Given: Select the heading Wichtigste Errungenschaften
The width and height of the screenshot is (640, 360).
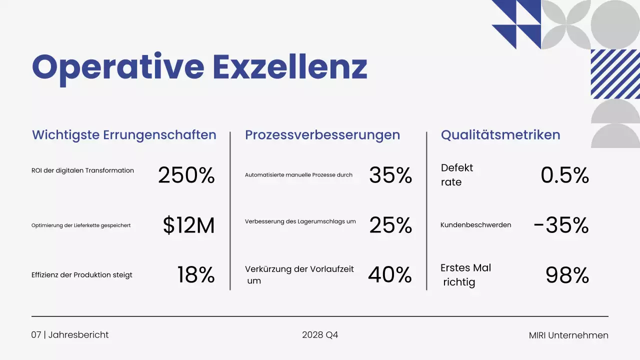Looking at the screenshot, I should (x=124, y=135).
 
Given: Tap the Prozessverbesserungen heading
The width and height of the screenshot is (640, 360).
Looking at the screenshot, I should (x=322, y=135).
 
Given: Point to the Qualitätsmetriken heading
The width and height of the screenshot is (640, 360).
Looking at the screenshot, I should (x=500, y=135).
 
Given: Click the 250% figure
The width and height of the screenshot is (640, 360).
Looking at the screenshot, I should (x=186, y=175).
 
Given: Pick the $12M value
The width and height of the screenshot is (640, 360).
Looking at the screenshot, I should (x=188, y=225).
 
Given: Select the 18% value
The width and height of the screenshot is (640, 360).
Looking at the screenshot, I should (x=195, y=275).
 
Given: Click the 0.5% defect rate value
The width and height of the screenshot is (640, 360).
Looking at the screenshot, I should (x=564, y=175).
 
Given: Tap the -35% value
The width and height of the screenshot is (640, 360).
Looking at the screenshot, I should (x=561, y=225).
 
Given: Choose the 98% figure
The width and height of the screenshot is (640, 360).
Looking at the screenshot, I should (x=567, y=275).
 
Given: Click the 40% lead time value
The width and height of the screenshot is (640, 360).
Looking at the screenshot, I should (x=390, y=275).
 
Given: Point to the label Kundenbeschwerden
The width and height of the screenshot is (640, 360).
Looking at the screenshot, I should (x=475, y=225).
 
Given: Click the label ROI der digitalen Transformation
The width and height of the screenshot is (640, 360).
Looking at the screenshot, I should (x=82, y=170).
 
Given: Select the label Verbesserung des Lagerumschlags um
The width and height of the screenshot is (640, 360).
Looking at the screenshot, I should (x=300, y=221).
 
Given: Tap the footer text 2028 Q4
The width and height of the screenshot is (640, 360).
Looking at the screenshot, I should (x=320, y=335).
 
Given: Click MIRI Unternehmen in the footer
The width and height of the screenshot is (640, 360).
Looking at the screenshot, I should (x=568, y=335).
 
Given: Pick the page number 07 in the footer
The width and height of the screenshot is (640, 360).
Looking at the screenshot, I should (x=36, y=335).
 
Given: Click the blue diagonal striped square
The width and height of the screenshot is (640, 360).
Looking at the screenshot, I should (x=615, y=74).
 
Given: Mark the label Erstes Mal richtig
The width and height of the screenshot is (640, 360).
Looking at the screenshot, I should (x=465, y=275).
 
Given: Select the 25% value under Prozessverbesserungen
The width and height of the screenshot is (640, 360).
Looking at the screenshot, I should (x=390, y=225).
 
